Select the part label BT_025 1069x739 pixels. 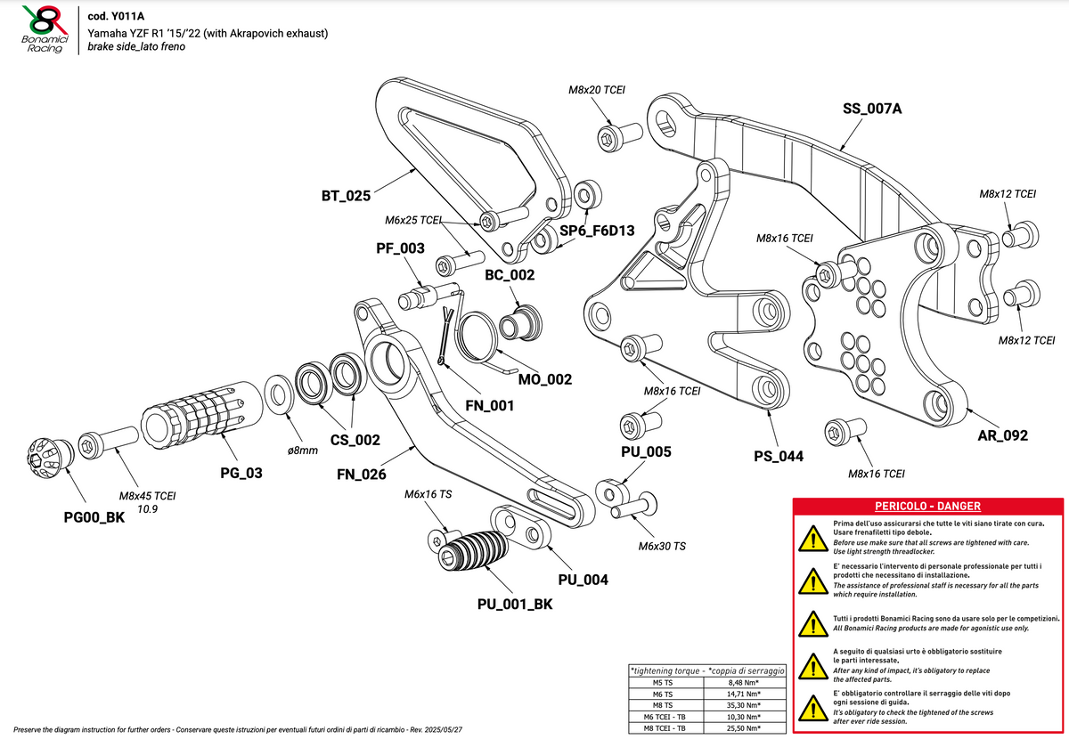coord(346,195)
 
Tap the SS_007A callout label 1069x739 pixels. coord(871,110)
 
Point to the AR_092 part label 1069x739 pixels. coord(1003,435)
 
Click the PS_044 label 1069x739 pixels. coord(778,457)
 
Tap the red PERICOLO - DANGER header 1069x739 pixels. coord(927,506)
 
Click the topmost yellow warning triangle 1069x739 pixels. coord(811,538)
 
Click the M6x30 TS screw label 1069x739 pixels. coord(662,546)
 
